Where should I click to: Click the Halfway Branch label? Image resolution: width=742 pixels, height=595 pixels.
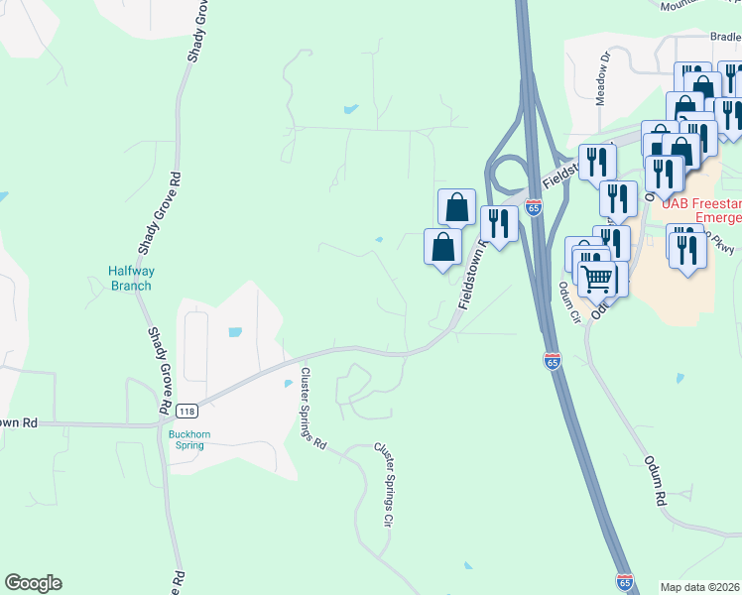point(130,279)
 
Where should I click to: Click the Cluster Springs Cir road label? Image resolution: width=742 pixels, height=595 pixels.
point(384,485)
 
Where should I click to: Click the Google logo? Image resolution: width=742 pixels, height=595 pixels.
point(33,583)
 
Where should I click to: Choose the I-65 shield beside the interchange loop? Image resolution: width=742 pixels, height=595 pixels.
point(534,207)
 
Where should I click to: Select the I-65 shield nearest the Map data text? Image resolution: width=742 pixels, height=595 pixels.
point(624,581)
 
